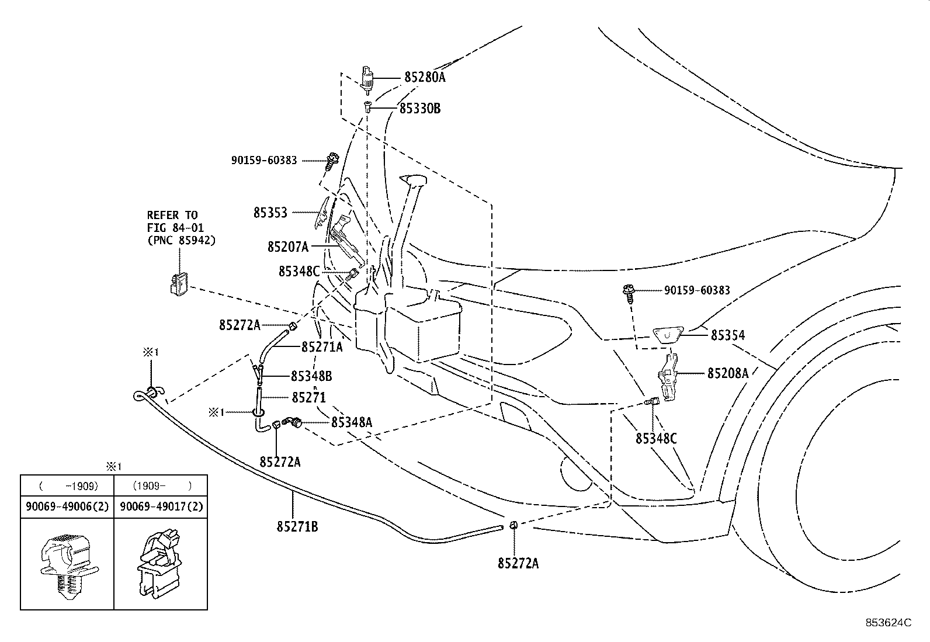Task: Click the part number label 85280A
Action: (424, 78)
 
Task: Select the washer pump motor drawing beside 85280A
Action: (367, 80)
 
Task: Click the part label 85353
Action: (270, 213)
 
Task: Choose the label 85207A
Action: (288, 247)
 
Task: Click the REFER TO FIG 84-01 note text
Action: (181, 228)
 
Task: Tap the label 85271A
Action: (322, 347)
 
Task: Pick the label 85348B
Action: (311, 376)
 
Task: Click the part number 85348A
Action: (351, 422)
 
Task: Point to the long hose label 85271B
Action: (297, 527)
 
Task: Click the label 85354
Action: (728, 335)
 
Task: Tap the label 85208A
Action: (727, 373)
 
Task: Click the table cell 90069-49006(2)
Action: (67, 507)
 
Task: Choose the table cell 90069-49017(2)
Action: (161, 507)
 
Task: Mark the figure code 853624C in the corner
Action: (888, 623)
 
